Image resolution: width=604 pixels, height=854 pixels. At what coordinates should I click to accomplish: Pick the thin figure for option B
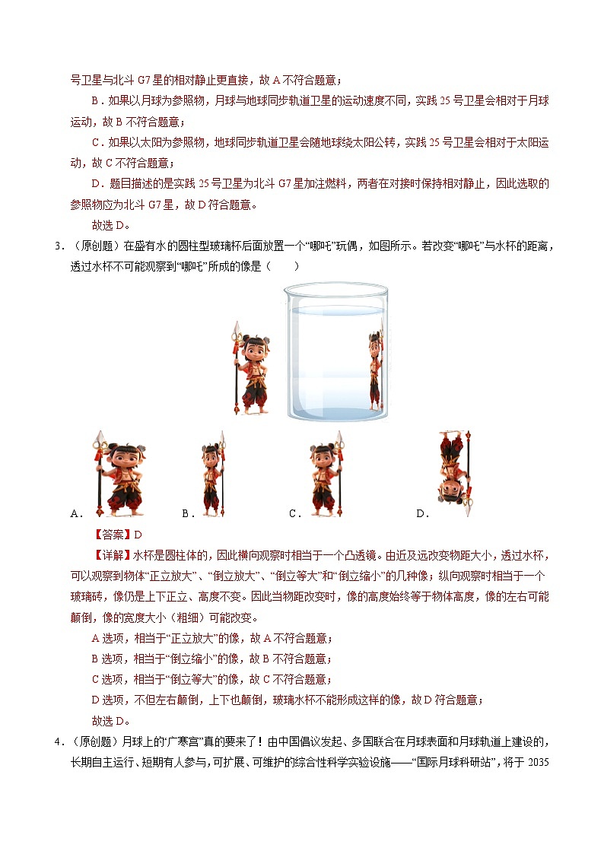212,475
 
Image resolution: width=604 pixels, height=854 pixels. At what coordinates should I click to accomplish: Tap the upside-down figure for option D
454,472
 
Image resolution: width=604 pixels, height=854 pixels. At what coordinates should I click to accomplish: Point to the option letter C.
294,514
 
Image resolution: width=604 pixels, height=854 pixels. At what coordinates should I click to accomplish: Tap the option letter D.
421,514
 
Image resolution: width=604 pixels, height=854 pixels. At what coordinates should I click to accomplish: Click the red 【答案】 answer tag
112,535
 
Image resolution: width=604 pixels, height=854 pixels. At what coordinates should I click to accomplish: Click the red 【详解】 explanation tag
112,556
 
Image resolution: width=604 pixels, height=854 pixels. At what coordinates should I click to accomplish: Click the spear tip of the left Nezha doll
236,329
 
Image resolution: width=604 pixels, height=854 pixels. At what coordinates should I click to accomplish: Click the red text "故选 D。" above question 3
111,225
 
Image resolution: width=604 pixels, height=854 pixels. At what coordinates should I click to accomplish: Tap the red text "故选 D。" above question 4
111,721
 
